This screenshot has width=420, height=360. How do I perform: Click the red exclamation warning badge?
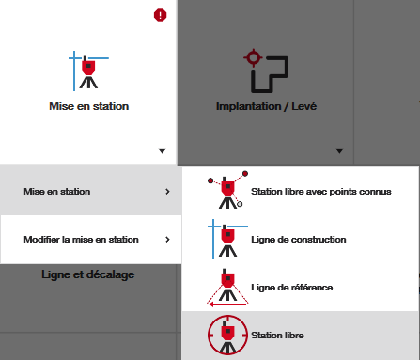tap(160, 15)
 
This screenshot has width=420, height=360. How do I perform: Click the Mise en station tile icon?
tap(88, 70)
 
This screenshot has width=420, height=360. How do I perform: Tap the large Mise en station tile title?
tap(89, 106)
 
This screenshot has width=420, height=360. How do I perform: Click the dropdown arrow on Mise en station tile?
tap(162, 151)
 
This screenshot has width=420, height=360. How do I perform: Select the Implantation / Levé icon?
tap(266, 70)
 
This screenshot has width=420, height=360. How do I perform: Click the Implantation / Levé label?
tap(266, 106)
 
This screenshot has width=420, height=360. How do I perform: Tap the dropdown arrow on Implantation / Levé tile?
tap(339, 151)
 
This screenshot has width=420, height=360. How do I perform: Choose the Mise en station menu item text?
tap(57, 192)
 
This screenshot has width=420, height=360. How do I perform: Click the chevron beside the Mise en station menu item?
tap(167, 192)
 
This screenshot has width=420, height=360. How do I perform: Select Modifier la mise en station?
tap(81, 240)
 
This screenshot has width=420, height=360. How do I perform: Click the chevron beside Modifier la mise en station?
tap(167, 240)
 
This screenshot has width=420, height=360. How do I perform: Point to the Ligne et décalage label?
tap(88, 274)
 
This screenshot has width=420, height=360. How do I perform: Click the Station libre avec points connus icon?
tap(227, 190)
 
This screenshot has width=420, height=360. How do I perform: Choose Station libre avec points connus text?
tap(321, 192)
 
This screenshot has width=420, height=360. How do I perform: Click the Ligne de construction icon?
tap(227, 239)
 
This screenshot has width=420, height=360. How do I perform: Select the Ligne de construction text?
tap(299, 240)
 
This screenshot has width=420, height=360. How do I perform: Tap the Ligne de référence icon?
tap(227, 288)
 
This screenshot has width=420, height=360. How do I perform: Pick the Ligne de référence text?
tap(292, 288)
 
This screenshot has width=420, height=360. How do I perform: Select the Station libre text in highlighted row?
tap(277, 336)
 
